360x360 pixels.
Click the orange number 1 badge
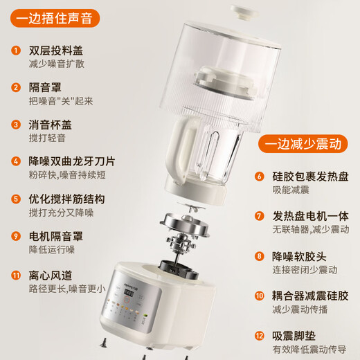point(15,51)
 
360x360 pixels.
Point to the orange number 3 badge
point(15,125)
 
